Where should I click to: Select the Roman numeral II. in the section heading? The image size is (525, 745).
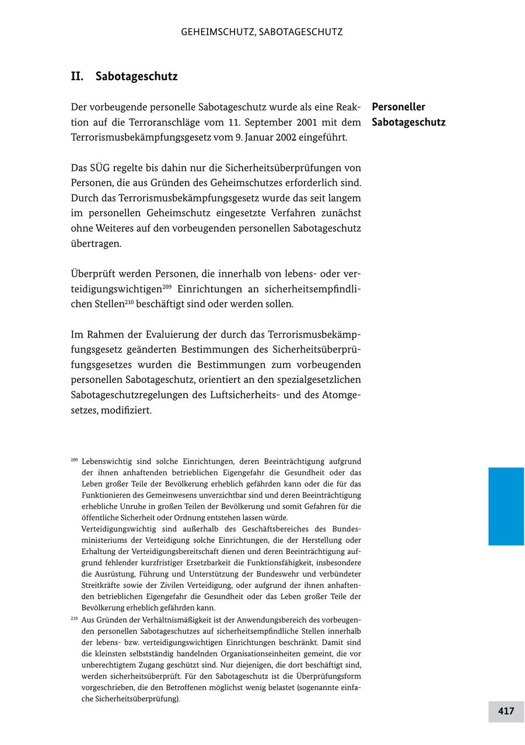[78, 76]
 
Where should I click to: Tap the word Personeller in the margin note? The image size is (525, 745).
[398, 107]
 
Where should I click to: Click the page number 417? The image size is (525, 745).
[506, 711]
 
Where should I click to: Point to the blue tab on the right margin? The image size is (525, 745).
[506, 506]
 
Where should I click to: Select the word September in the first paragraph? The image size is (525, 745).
[262, 122]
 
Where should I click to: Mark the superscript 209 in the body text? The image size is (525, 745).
[167, 287]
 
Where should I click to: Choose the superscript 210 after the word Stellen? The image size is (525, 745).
[129, 302]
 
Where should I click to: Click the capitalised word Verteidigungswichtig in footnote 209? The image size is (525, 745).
[118, 529]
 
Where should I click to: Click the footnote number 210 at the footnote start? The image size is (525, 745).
[74, 618]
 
